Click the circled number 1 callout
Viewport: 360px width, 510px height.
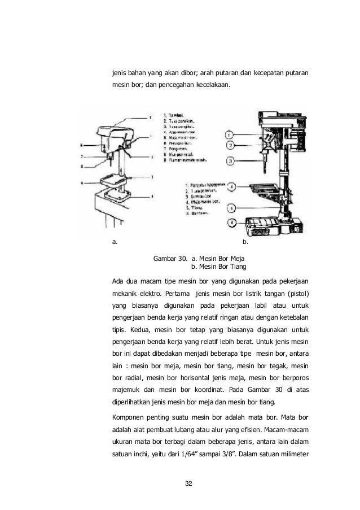[230, 135]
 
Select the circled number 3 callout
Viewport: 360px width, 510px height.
[230, 161]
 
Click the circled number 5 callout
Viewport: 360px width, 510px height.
[232, 207]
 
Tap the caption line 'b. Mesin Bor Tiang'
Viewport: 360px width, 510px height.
[219, 267]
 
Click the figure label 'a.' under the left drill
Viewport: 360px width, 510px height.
[115, 242]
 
